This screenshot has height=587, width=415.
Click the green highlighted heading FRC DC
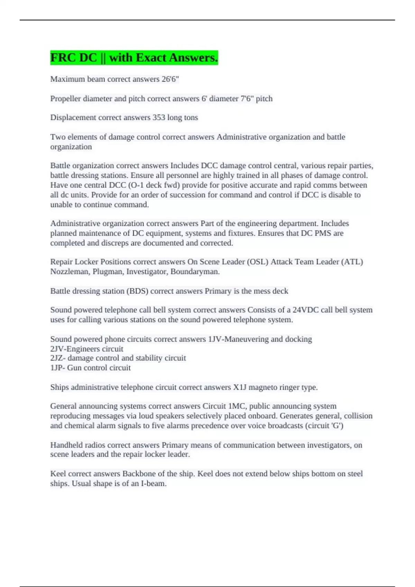(134, 57)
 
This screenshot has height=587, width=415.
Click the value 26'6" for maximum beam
(170, 79)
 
